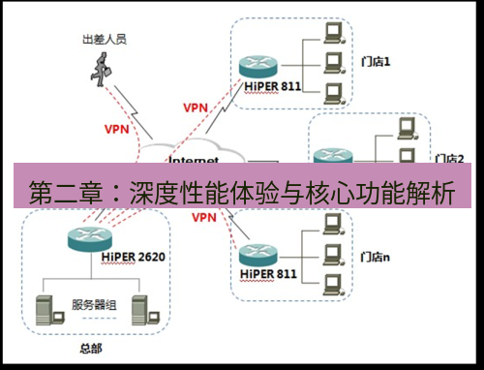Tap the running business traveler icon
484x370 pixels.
pyautogui.click(x=100, y=71)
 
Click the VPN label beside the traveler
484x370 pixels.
pyautogui.click(x=116, y=127)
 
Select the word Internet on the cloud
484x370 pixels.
pyautogui.click(x=193, y=159)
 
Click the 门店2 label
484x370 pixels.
pyautogui.click(x=450, y=158)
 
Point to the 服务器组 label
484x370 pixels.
pyautogui.click(x=94, y=305)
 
